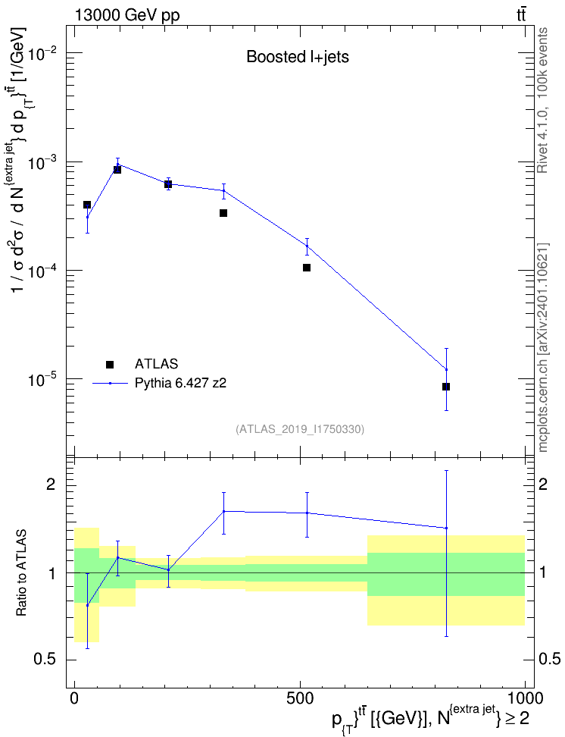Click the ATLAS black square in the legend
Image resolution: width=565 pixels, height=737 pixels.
point(109,364)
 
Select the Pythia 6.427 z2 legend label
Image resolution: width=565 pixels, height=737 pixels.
point(180,383)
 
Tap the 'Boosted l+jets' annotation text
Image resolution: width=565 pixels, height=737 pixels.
point(298,57)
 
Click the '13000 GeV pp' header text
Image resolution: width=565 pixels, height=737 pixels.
point(126,15)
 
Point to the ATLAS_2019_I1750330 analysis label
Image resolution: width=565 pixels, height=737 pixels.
point(300,428)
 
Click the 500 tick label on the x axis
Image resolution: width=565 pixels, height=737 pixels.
point(300,698)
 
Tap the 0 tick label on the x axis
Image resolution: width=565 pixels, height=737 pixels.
point(75,698)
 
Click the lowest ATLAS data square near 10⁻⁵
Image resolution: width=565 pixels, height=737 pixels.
point(445,387)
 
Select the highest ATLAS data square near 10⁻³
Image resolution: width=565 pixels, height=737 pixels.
point(117,169)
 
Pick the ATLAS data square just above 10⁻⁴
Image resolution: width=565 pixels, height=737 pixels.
point(307,268)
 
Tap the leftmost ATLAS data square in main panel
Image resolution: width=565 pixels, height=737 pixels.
point(87,205)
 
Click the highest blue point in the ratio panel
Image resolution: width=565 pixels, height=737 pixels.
point(224,511)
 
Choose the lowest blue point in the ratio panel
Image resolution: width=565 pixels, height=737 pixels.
point(87,605)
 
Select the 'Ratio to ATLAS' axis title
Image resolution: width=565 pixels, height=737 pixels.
point(21,572)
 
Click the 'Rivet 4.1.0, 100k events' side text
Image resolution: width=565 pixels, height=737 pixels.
point(542,100)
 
